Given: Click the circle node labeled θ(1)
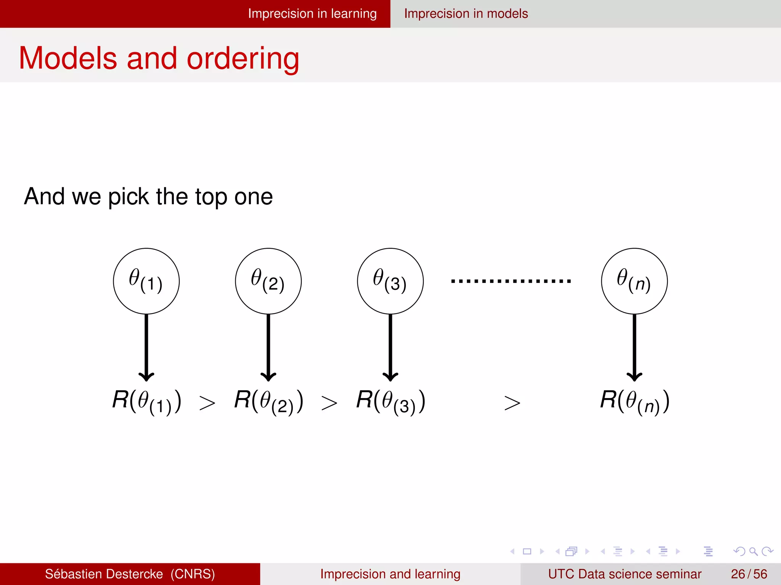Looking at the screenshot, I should (146, 281).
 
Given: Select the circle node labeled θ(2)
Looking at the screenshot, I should (268, 281).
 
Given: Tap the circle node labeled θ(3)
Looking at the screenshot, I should (390, 281).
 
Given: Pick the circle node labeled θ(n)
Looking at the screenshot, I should (634, 281).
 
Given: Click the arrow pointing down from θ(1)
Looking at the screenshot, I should (146, 347).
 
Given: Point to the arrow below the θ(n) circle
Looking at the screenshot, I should (634, 347).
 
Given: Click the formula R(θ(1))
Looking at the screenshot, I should (147, 402).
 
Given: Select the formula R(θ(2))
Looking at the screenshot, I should (269, 402).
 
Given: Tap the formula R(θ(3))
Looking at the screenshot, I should (391, 402).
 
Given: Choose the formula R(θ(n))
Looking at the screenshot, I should (635, 402).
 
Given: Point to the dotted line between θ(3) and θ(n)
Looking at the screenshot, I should (511, 281).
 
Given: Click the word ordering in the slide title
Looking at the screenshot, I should (243, 59).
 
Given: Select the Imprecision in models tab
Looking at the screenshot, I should (466, 14).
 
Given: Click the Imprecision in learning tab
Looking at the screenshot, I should (312, 14).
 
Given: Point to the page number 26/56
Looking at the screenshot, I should (749, 574).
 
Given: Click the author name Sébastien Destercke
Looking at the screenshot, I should (104, 574).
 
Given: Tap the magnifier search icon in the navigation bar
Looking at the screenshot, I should (753, 551).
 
